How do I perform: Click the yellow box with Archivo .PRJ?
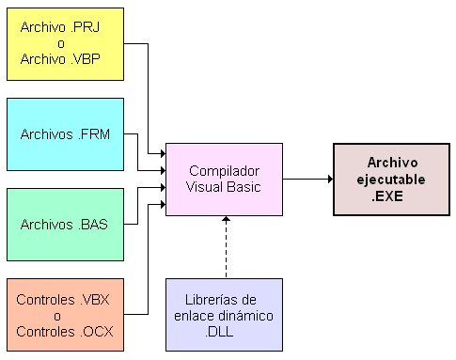click(65, 43)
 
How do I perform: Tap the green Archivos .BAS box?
click(65, 224)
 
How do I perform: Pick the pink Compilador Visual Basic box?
click(224, 179)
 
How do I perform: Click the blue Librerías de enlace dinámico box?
click(224, 313)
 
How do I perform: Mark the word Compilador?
click(224, 171)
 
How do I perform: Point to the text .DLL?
click(224, 329)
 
